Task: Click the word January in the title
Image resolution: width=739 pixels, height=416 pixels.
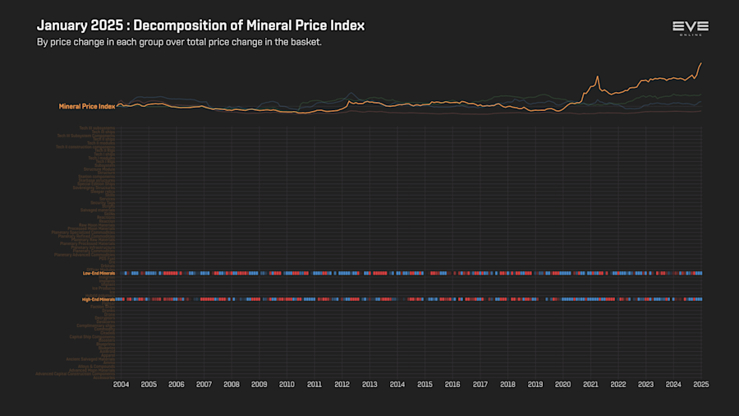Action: coord(62,25)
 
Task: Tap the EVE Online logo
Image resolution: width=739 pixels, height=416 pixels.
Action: coord(691,28)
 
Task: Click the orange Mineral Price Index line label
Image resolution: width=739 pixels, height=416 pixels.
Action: coord(86,106)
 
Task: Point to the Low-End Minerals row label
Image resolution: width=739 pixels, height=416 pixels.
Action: coord(99,273)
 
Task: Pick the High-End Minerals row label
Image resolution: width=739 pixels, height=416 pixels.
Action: coord(98,299)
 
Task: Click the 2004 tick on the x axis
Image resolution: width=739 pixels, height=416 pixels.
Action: coord(121,385)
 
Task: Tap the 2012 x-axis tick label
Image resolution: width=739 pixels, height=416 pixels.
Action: coord(342,385)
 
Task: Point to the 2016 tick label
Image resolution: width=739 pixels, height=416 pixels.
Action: coord(452,385)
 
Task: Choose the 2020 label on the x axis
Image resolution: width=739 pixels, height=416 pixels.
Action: coord(562,385)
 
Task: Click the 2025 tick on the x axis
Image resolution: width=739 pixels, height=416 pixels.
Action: coord(700,385)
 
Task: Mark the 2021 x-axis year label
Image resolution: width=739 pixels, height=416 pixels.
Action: coord(590,385)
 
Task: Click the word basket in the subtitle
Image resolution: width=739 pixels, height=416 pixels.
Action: coord(304,42)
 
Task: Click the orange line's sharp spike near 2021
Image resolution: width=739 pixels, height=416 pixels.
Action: coord(598,76)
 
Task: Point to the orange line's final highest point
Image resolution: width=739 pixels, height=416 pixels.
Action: coord(700,63)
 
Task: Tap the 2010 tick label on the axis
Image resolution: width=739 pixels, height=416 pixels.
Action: coord(287,385)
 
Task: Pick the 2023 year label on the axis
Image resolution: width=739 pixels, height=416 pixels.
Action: coord(645,385)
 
